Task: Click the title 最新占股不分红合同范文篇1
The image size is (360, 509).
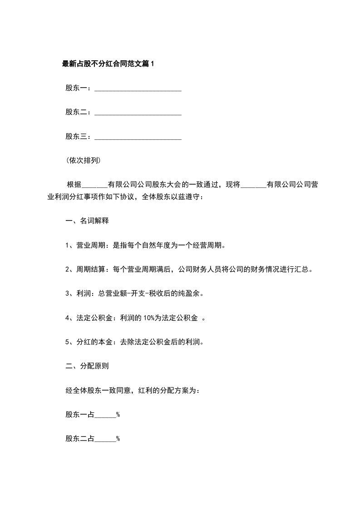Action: tap(108, 64)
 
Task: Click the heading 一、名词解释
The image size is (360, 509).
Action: tap(87, 221)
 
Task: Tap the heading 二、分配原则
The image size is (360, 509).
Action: tap(87, 365)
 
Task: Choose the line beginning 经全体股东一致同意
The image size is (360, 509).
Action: tap(133, 390)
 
